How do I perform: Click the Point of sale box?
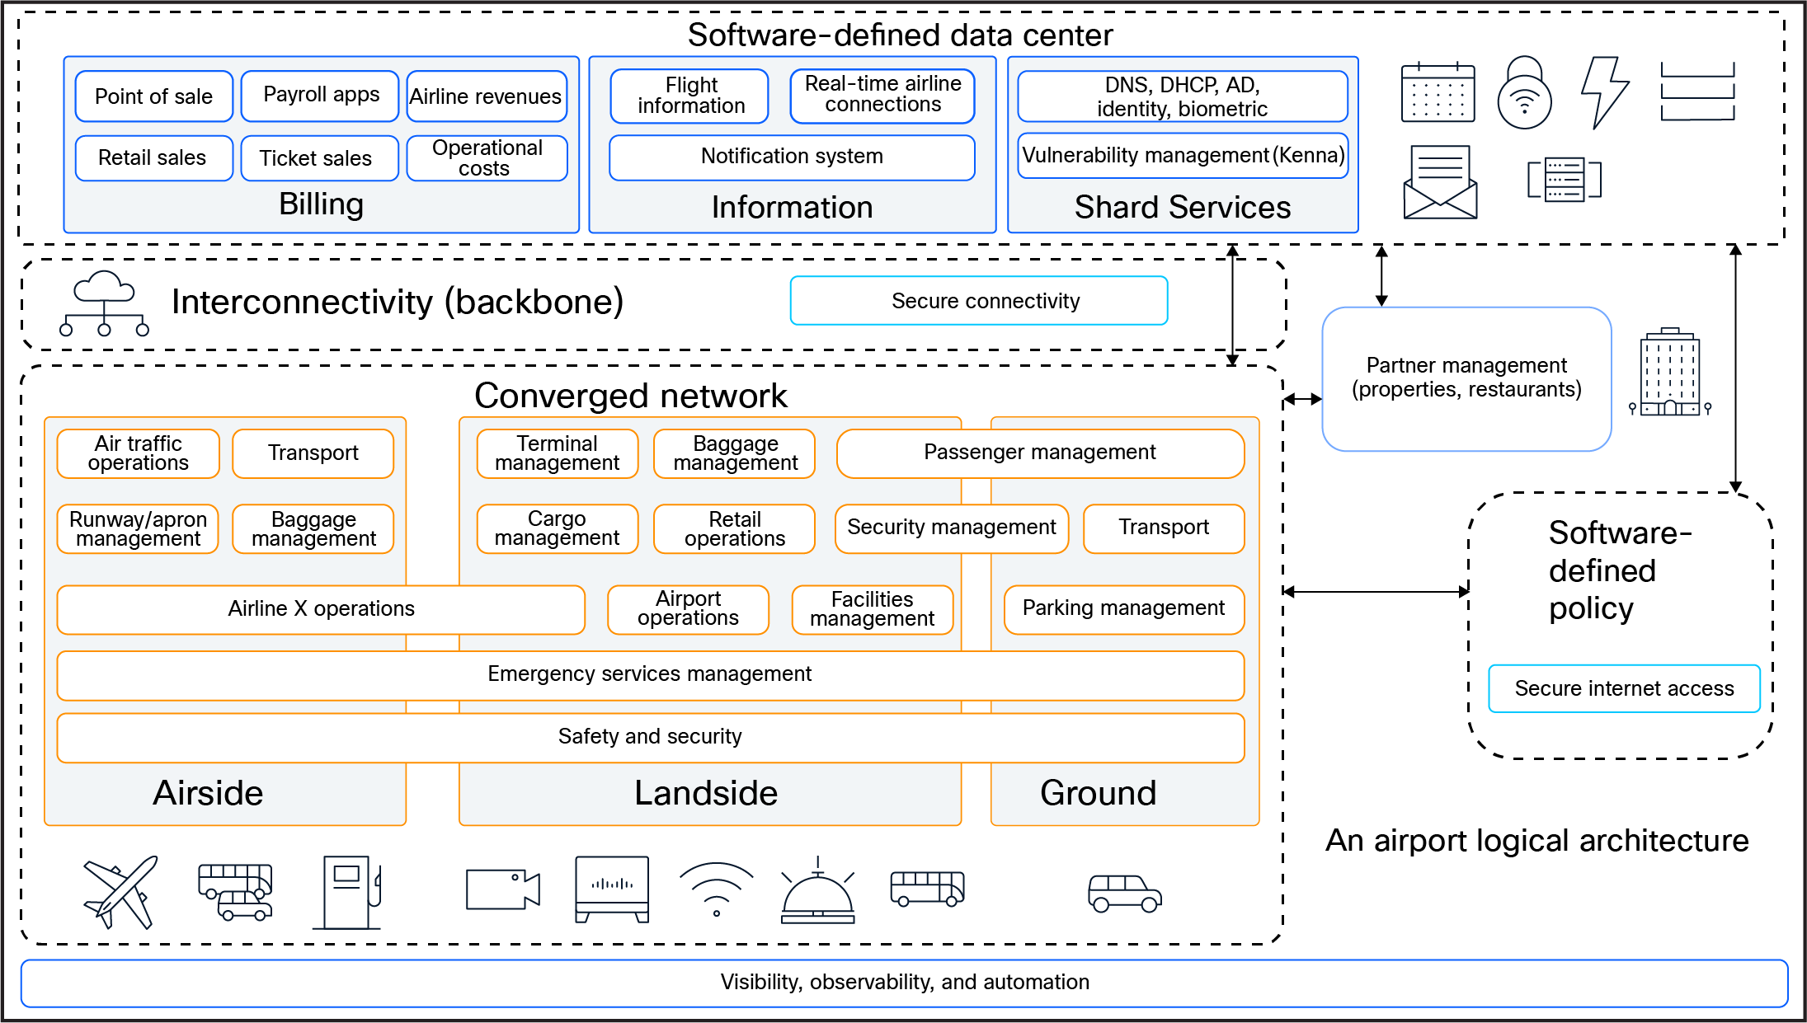pyautogui.click(x=153, y=96)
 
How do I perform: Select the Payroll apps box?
pyautogui.click(x=320, y=96)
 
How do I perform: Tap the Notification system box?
pyautogui.click(x=792, y=157)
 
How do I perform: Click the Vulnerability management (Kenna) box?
pyautogui.click(x=1183, y=156)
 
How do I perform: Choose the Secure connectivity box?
pyautogui.click(x=979, y=301)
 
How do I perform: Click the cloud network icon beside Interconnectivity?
pyautogui.click(x=104, y=303)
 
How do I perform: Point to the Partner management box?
pyautogui.click(x=1466, y=378)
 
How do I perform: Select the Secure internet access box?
pyautogui.click(x=1624, y=688)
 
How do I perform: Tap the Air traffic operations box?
pyautogui.click(x=138, y=453)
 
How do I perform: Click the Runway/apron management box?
pyautogui.click(x=138, y=528)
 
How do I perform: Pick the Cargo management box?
pyautogui.click(x=557, y=528)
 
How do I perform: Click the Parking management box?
pyautogui.click(x=1123, y=609)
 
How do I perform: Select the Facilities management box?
pyautogui.click(x=872, y=609)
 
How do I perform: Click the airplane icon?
pyautogui.click(x=120, y=892)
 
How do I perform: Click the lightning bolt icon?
pyautogui.click(x=1604, y=92)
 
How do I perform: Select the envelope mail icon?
pyautogui.click(x=1440, y=182)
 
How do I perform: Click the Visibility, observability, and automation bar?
pyautogui.click(x=904, y=983)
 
